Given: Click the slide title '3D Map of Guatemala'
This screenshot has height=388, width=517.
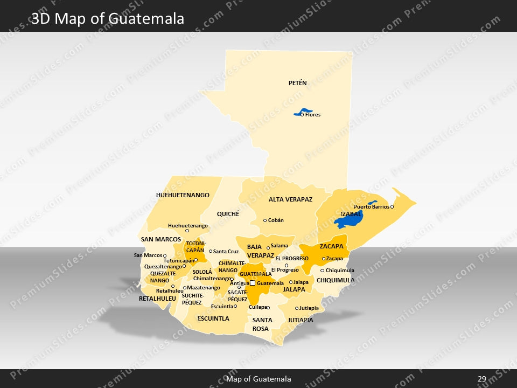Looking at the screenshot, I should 108,19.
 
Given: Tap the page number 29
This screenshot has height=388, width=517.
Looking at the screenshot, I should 482,379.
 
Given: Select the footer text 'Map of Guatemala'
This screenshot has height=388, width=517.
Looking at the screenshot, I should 258,379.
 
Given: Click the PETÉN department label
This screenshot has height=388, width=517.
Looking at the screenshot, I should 297,83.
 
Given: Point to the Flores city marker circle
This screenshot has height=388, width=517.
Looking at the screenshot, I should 302,115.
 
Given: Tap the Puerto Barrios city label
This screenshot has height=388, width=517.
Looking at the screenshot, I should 371,207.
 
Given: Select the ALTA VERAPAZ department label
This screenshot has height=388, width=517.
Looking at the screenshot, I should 290,199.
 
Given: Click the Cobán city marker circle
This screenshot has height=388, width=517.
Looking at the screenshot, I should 265,220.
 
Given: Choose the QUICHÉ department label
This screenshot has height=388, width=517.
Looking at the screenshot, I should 228,214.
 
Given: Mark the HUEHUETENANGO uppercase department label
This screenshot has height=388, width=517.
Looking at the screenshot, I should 183,195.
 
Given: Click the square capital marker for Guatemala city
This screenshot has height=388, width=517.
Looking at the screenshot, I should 253,283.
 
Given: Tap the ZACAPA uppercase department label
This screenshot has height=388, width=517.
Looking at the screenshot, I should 331,246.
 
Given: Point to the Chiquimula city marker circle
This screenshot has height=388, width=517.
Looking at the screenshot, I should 323,271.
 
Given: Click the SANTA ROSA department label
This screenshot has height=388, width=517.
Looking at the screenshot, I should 262,324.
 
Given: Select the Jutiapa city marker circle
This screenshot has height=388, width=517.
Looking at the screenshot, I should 297,308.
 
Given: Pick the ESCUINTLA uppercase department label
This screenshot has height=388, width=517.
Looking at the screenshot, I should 213,318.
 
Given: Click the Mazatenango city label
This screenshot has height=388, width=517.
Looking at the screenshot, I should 203,288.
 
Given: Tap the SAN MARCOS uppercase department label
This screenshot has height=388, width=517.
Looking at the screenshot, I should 160,239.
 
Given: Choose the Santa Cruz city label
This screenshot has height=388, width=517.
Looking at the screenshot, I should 226,252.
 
